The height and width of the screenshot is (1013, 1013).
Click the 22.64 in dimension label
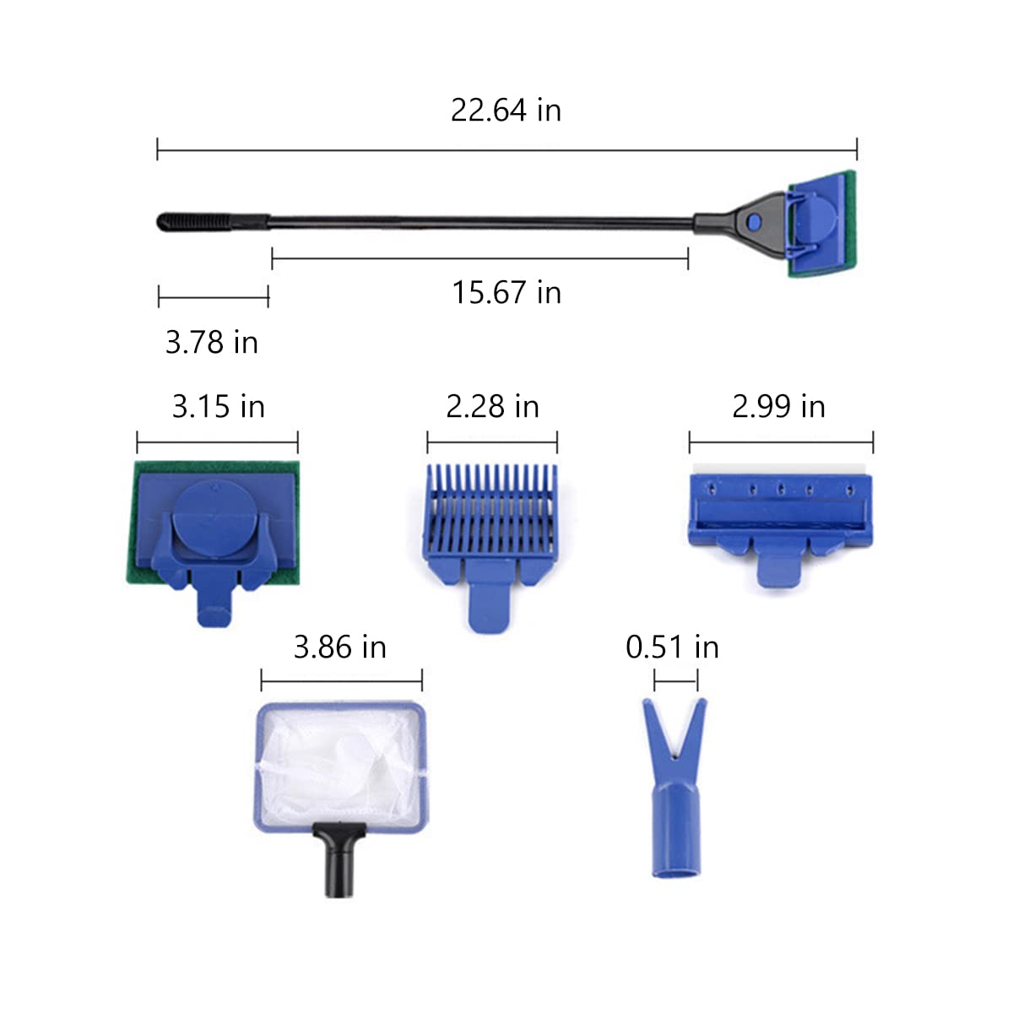[506, 111]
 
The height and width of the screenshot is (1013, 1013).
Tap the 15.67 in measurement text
[506, 293]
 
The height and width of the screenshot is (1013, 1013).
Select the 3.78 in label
[212, 342]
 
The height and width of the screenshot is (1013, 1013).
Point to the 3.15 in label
[218, 406]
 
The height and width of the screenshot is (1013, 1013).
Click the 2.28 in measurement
[492, 406]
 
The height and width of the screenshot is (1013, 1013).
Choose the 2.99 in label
[778, 406]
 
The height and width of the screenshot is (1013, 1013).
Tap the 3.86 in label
[340, 647]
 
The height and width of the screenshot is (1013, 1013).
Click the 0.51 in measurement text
[672, 647]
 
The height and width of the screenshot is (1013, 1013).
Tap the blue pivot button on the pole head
[755, 221]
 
